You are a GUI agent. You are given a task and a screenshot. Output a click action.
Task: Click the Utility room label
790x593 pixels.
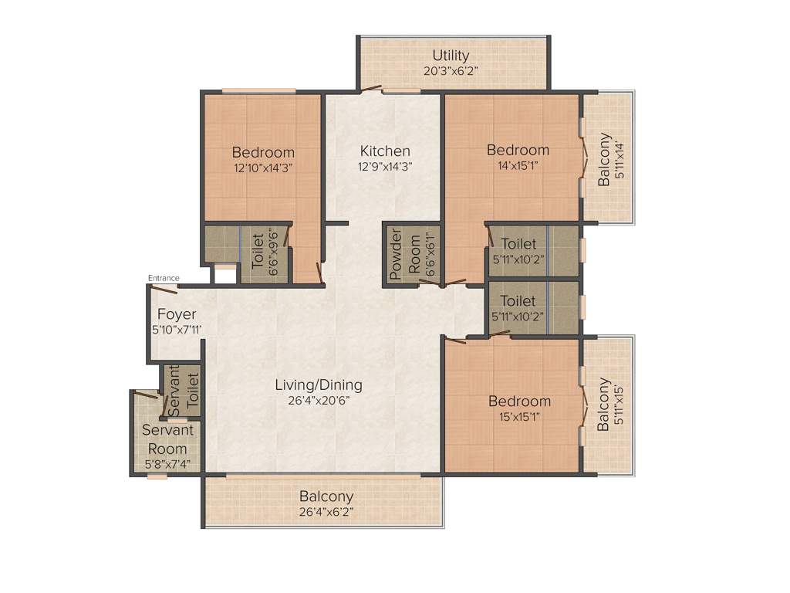coord(451,55)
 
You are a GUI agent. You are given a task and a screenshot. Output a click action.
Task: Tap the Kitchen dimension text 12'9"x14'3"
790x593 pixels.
coord(384,166)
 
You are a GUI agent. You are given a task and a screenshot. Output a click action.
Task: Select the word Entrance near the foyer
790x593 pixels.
coord(164,278)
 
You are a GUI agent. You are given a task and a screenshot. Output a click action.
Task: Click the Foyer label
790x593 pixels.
coord(177,314)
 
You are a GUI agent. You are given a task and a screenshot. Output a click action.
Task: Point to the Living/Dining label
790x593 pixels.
coord(319,385)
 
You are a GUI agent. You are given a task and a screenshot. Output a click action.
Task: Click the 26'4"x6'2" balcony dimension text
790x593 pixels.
coord(326,511)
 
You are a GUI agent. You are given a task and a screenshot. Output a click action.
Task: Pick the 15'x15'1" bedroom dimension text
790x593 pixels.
coord(519,417)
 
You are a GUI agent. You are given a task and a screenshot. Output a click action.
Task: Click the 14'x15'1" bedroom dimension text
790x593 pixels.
coord(518,165)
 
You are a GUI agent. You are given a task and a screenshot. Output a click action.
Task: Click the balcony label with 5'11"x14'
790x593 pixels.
coord(607,160)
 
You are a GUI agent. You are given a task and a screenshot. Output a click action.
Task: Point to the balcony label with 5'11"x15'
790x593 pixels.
coord(607,404)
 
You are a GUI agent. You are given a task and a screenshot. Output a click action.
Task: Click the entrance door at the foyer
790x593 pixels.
coord(163,289)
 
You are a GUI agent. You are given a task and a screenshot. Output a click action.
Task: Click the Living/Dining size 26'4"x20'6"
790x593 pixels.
coord(319,401)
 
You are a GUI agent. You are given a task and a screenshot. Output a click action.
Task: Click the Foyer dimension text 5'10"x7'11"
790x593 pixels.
coord(177,330)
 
